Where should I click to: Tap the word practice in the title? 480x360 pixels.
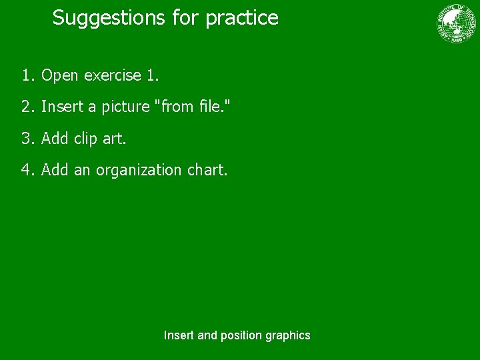[242, 18]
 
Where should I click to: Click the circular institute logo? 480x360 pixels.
[457, 23]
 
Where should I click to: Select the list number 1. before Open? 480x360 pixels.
[27, 75]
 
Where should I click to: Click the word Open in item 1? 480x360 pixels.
[60, 76]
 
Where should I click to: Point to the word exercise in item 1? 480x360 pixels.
[111, 75]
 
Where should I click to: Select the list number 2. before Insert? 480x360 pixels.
[27, 107]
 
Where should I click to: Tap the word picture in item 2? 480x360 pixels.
[125, 107]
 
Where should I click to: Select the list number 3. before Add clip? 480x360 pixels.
[27, 139]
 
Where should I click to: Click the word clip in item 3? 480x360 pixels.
[85, 139]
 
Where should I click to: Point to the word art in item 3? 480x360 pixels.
[113, 139]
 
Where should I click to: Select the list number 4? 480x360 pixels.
[27, 170]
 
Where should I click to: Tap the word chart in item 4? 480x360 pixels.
[207, 170]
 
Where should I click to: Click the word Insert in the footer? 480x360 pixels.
[179, 335]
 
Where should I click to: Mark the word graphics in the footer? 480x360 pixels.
[288, 336]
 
